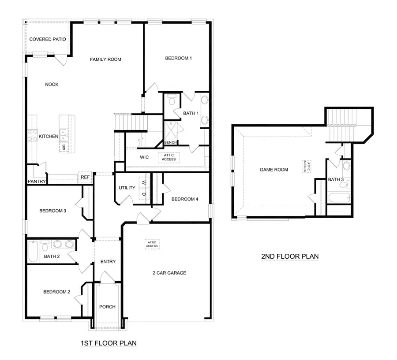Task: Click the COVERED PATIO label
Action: (x=48, y=39)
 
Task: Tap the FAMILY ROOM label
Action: (x=105, y=59)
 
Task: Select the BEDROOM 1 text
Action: (x=178, y=58)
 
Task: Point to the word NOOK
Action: (x=52, y=85)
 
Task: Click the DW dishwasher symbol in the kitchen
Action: (x=64, y=147)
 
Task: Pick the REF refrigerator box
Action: (x=85, y=178)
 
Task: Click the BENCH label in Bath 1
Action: (x=170, y=142)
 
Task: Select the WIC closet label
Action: (x=144, y=157)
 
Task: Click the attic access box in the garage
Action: (x=152, y=244)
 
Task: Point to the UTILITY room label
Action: (x=127, y=188)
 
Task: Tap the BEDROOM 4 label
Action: (x=185, y=199)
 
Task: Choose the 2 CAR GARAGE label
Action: (x=166, y=273)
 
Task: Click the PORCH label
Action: (x=107, y=307)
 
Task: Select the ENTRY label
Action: (x=108, y=262)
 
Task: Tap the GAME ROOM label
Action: (x=273, y=170)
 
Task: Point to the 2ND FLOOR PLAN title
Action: (x=290, y=256)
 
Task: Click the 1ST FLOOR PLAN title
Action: (x=108, y=343)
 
